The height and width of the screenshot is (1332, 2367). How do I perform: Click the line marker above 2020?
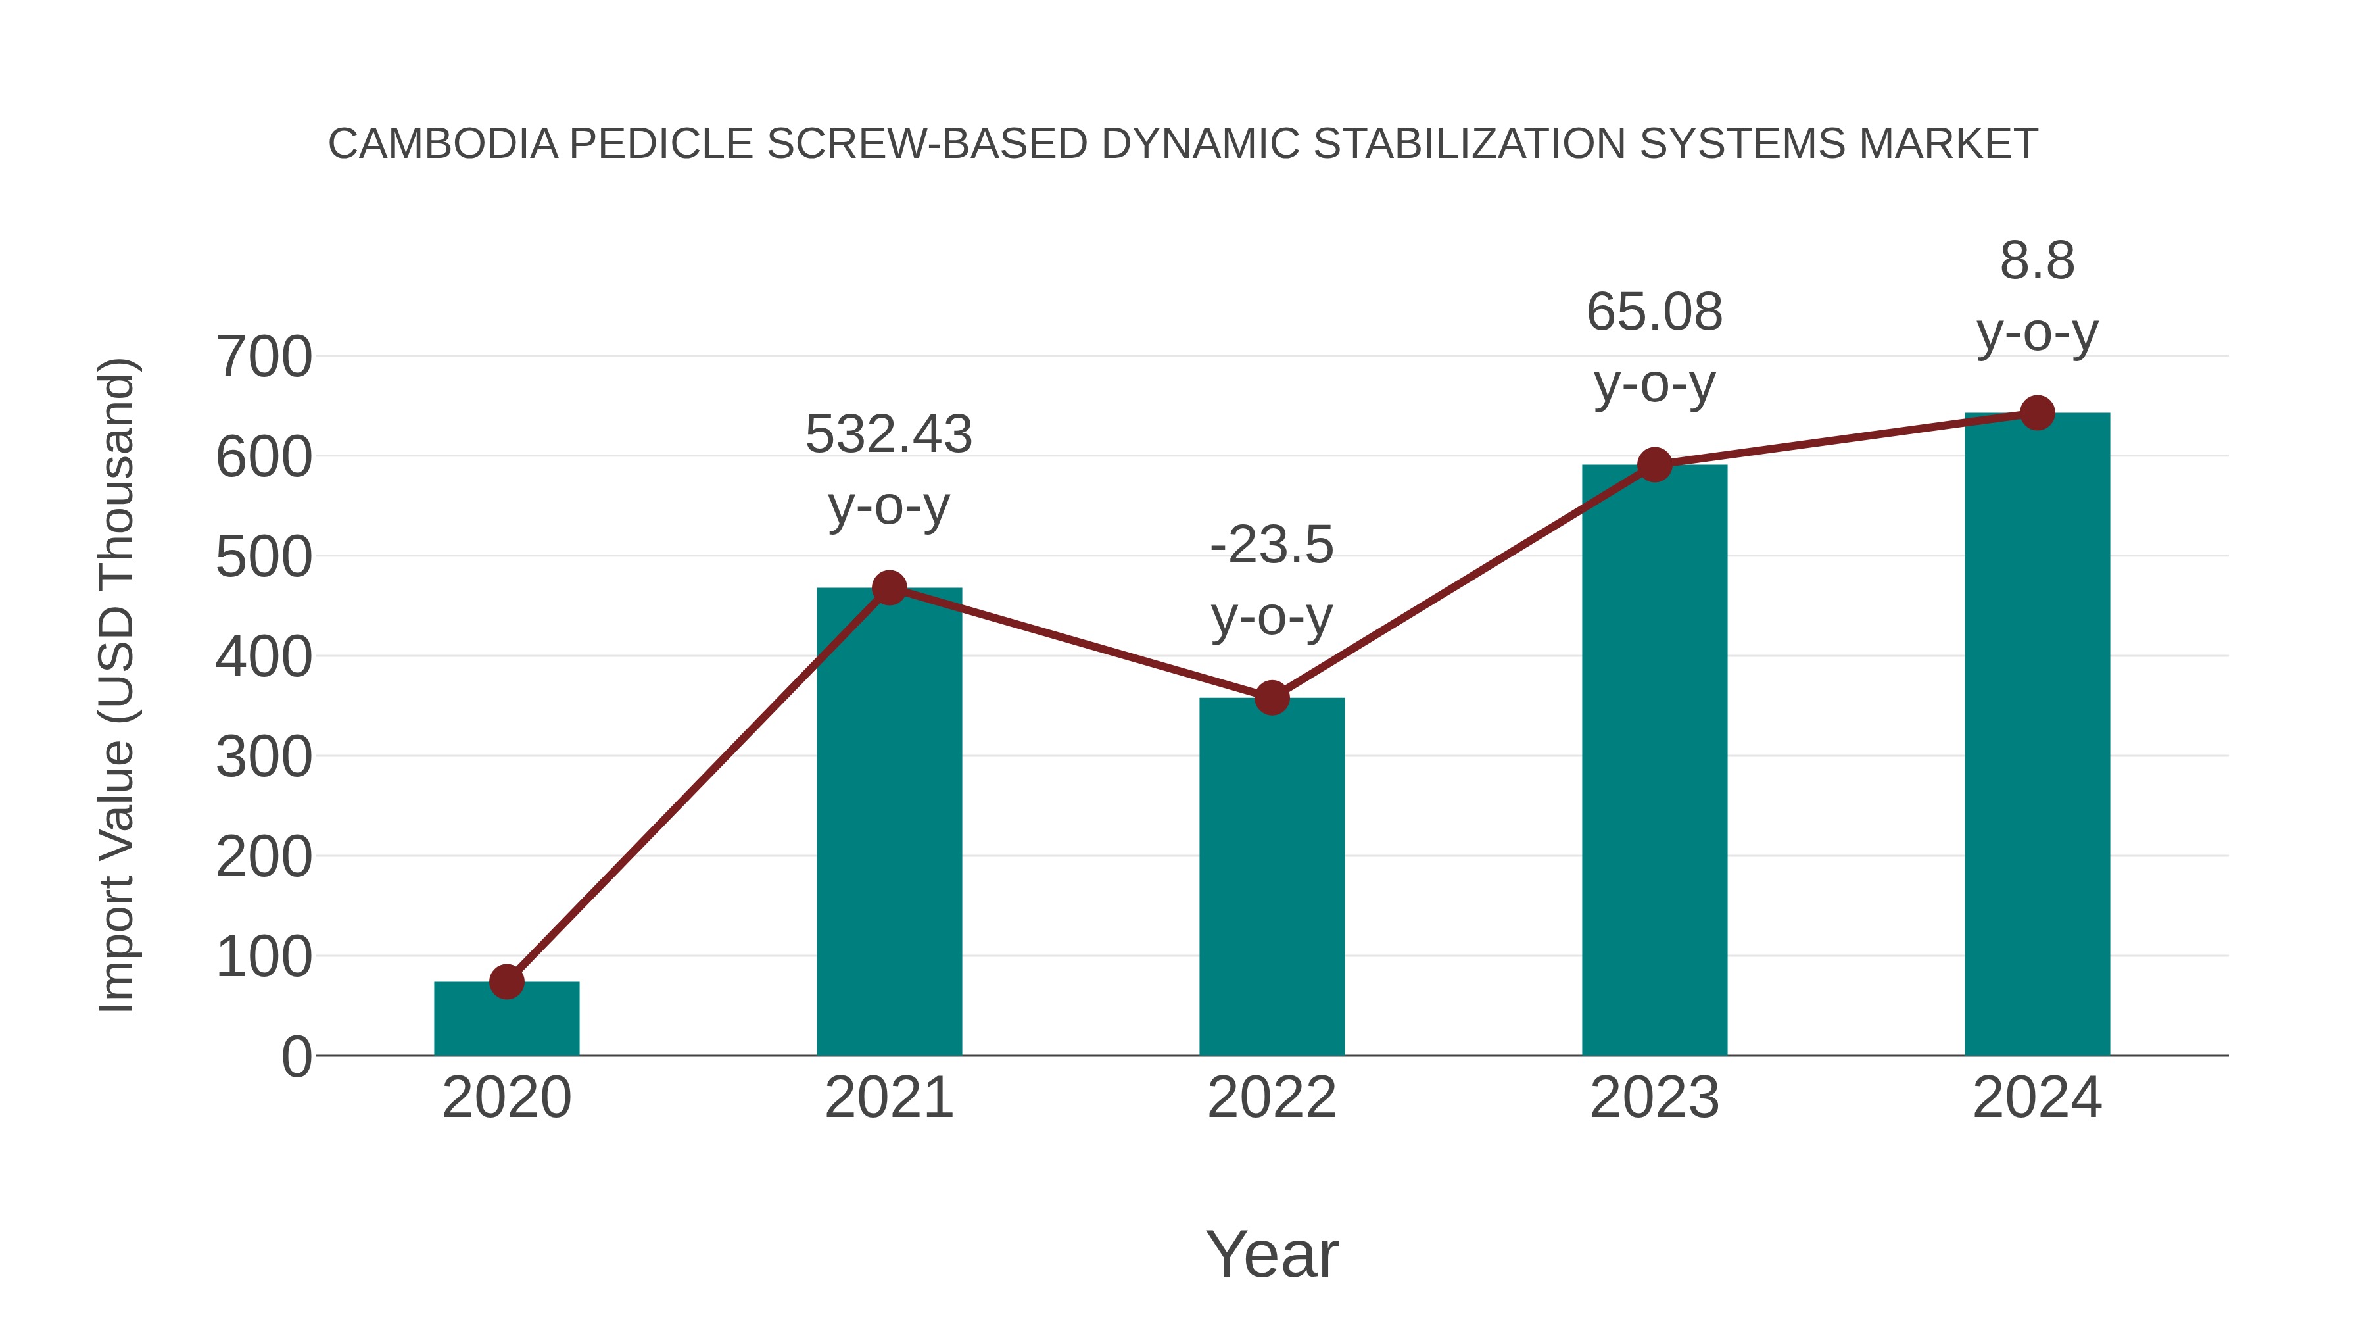pyautogui.click(x=506, y=982)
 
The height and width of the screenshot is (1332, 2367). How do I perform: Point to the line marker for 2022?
pyautogui.click(x=1272, y=698)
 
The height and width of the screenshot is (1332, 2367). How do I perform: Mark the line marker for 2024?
pyautogui.click(x=2037, y=412)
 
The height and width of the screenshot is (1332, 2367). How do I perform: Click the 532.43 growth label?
pyautogui.click(x=888, y=435)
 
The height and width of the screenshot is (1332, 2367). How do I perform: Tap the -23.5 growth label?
pyautogui.click(x=1272, y=545)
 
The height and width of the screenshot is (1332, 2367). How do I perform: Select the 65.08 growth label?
pyautogui.click(x=1654, y=312)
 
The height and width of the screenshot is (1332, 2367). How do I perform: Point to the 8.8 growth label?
pyautogui.click(x=2037, y=261)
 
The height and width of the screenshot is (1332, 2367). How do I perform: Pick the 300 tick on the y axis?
pyautogui.click(x=264, y=758)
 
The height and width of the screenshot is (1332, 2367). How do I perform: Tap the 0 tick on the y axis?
pyautogui.click(x=296, y=1057)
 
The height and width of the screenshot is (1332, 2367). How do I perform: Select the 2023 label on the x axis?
pyautogui.click(x=1654, y=1098)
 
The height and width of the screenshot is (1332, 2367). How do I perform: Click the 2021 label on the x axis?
pyautogui.click(x=888, y=1098)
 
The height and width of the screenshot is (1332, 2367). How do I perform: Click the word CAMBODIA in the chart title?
pyautogui.click(x=443, y=144)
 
